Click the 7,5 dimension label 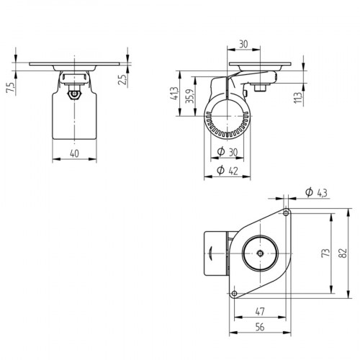click(9, 88)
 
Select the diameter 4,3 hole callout click(315, 192)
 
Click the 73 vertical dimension click(325, 253)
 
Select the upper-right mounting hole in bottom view click(286, 213)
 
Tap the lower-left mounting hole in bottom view click(235, 293)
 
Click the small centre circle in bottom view click(260, 253)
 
